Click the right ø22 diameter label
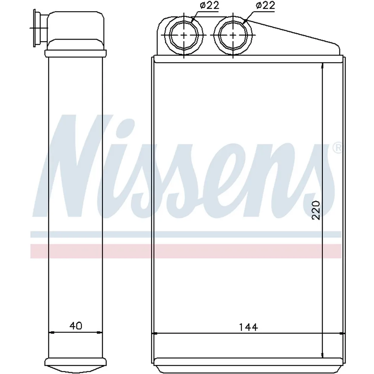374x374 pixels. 266,5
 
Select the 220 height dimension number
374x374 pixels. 316,210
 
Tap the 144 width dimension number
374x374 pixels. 248,327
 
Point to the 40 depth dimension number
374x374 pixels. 76,326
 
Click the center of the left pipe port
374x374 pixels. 184,35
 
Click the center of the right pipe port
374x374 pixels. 233,35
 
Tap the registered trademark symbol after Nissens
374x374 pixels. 337,148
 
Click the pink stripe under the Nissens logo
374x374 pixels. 186,251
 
